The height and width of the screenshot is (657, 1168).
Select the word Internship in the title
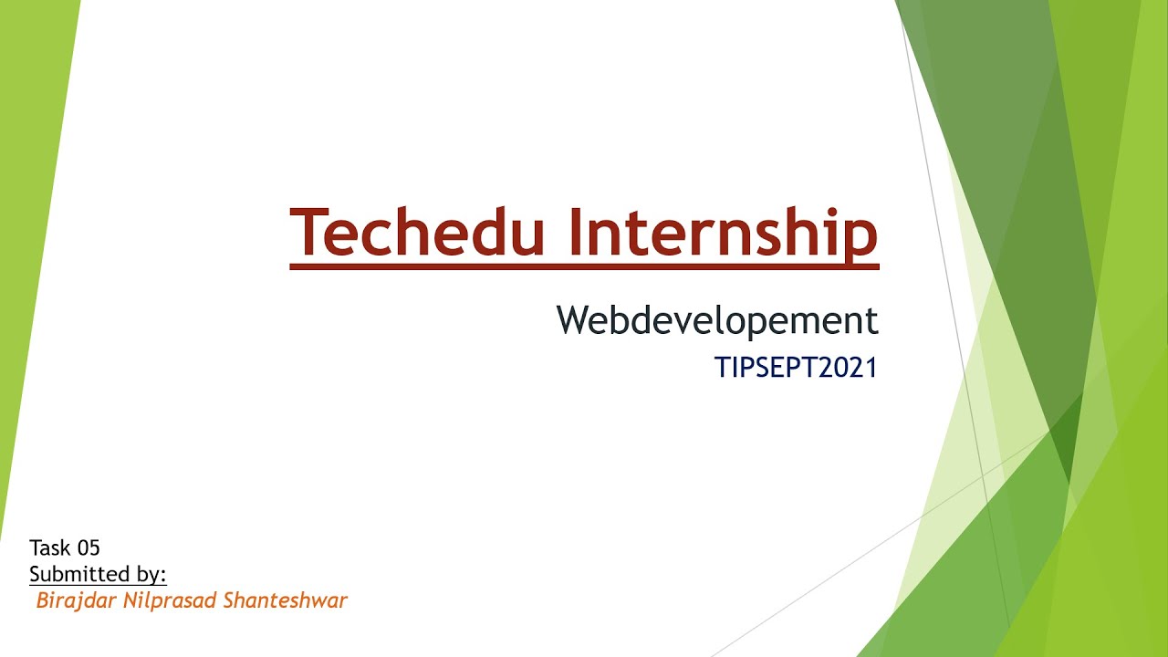pyautogui.click(x=722, y=234)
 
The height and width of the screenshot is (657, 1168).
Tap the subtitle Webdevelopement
pyautogui.click(x=717, y=320)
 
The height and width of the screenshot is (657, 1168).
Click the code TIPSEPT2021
pyautogui.click(x=796, y=368)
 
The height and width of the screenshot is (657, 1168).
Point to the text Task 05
pyautogui.click(x=64, y=547)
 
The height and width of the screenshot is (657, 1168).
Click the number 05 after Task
pyautogui.click(x=89, y=547)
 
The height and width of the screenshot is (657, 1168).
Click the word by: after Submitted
pyautogui.click(x=149, y=575)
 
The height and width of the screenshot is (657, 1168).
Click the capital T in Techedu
pyautogui.click(x=307, y=232)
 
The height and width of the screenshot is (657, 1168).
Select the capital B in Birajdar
pyautogui.click(x=42, y=600)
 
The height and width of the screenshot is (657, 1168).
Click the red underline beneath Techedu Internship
pyautogui.click(x=584, y=266)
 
